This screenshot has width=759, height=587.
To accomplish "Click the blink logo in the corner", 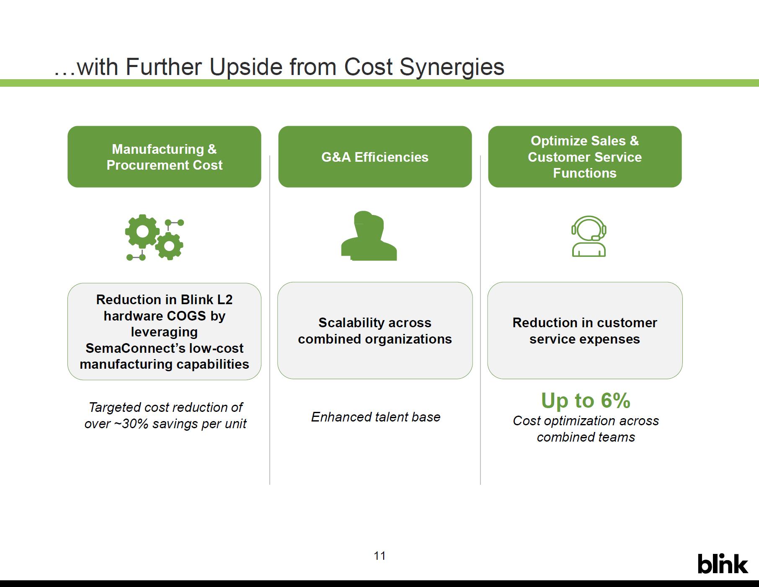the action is pos(723,564).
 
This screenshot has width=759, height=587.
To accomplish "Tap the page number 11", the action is pos(379,556).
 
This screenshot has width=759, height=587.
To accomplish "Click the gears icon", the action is pos(155,238).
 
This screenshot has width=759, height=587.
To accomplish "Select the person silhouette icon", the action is pos(369,236).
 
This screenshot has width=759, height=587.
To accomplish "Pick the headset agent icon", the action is pos(589,236).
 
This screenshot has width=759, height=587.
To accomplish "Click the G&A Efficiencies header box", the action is pos(375,157).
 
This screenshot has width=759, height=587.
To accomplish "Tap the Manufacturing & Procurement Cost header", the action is pos(164,157).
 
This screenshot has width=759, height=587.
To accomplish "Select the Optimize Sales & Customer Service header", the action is pos(585,157).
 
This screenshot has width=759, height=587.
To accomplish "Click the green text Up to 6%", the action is pos(586,400).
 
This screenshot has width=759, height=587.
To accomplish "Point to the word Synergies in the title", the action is pos(452,67).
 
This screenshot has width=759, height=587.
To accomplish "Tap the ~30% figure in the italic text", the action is pos(131,424).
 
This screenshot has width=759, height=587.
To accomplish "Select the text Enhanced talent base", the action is pos(376,417).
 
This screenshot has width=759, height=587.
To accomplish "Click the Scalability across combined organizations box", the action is pos(375,331).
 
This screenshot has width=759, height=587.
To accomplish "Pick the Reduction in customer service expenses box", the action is pos(585,331).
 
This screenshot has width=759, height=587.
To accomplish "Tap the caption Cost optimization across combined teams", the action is pos(586,429).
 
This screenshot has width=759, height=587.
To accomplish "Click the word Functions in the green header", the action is pos(585,173).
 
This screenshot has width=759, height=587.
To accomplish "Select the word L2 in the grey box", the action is pos(225,300).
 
